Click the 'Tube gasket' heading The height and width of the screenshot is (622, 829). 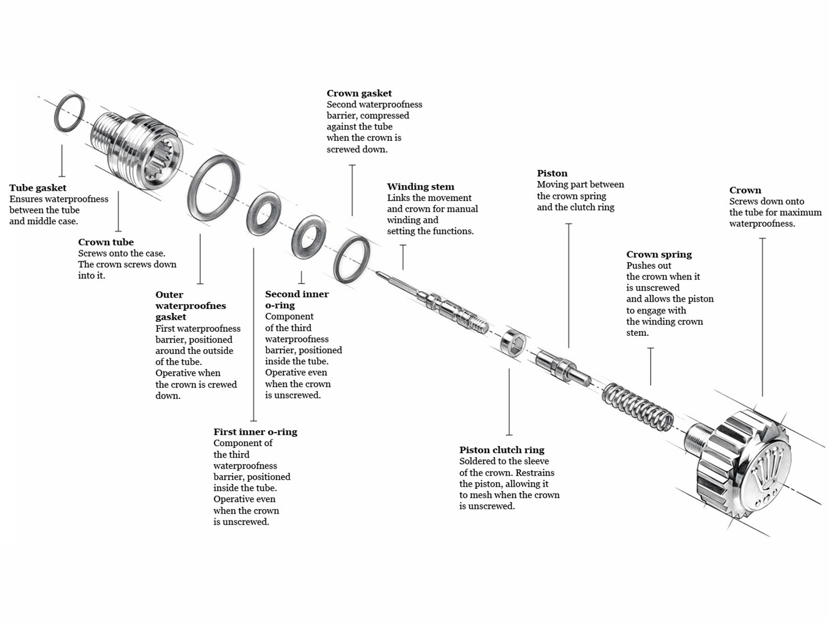38,188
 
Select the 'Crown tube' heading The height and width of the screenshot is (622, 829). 106,242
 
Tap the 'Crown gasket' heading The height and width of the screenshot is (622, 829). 359,93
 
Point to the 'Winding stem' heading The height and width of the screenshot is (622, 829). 420,187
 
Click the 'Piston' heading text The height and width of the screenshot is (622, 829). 552,173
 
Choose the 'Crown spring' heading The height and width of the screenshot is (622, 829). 659,255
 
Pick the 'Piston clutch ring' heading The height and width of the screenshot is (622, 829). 502,450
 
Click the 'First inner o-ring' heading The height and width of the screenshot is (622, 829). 255,432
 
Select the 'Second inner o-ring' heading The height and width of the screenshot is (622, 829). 296,300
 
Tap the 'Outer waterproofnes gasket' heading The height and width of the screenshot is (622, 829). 190,306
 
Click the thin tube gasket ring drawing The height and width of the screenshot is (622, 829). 69,113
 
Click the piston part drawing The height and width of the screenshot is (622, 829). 563,367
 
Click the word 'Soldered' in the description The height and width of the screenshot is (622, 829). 478,461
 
